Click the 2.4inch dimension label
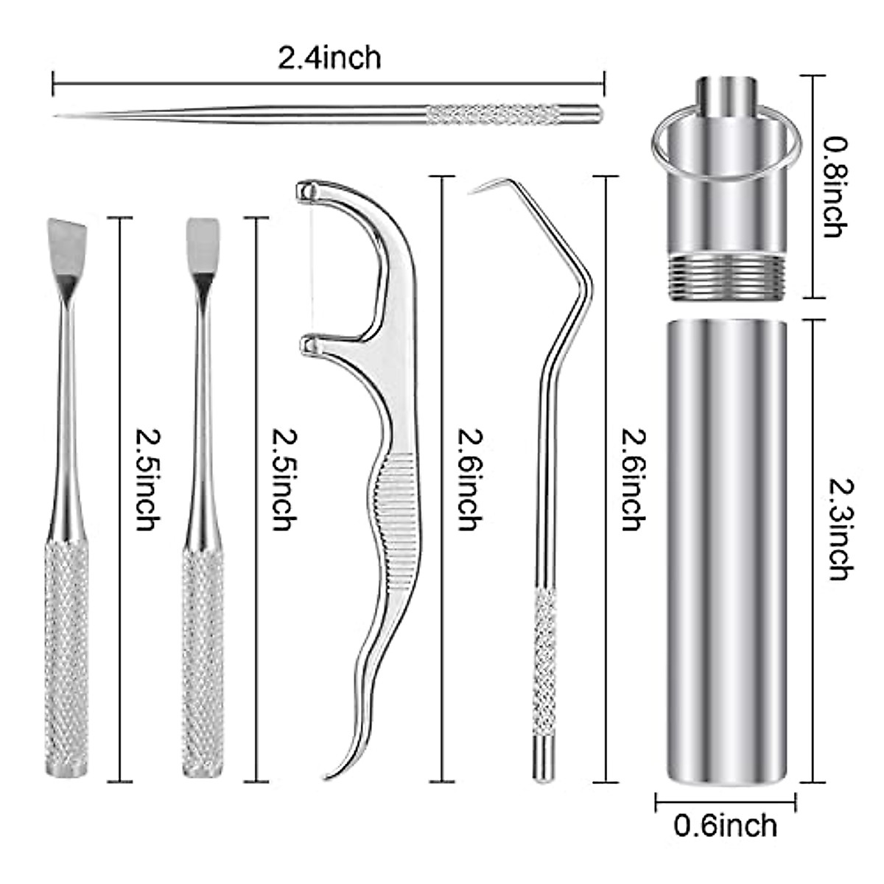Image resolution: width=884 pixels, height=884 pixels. click(329, 57)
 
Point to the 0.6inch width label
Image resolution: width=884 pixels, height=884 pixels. click(726, 824)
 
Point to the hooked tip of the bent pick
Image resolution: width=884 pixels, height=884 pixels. click(475, 190)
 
